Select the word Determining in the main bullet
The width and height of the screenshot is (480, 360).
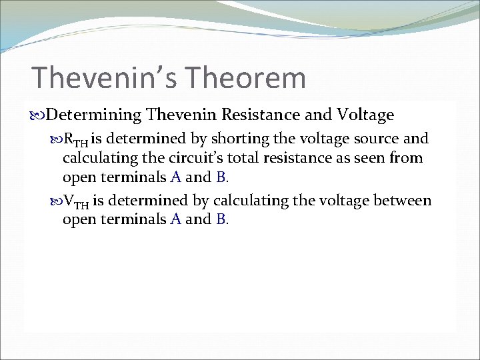coord(94,115)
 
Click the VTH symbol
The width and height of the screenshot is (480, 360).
coord(75,202)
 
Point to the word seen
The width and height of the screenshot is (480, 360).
coord(373,158)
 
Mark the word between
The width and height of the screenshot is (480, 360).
coord(401,201)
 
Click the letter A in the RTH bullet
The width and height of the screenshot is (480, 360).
coord(175,177)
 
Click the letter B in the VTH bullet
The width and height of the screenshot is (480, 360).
coord(221,220)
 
